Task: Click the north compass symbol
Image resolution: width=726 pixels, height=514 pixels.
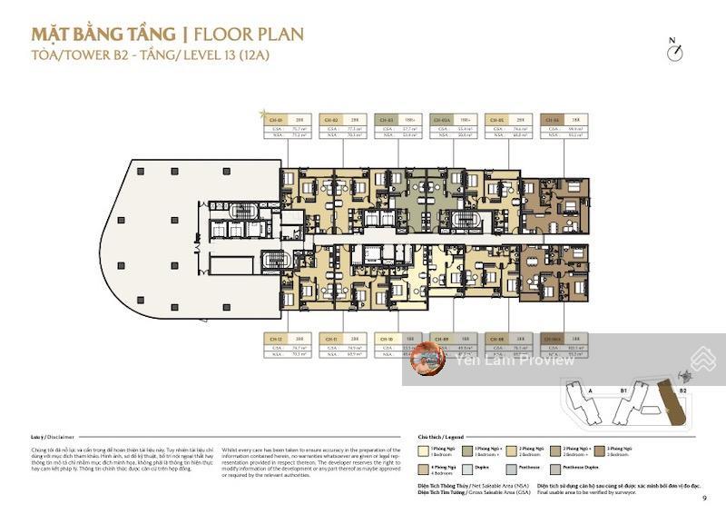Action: (673, 52)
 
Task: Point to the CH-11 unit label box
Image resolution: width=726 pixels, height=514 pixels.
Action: (330, 338)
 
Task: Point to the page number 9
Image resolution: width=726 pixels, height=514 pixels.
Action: (703, 498)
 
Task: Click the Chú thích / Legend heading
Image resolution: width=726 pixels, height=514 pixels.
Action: (441, 436)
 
